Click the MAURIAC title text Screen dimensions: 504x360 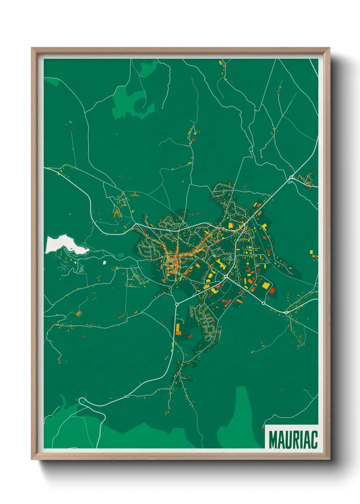[x=293, y=440]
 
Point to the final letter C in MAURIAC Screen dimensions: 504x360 [x=314, y=440]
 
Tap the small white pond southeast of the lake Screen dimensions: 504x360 [x=104, y=262]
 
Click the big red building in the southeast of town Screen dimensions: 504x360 [x=272, y=290]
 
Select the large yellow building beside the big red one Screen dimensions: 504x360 [x=265, y=285]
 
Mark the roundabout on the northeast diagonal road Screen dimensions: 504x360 [x=291, y=177]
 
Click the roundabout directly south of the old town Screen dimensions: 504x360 [x=177, y=304]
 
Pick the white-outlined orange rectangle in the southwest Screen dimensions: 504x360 [x=79, y=313]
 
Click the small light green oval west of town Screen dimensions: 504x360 [x=121, y=255]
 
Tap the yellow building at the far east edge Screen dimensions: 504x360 [x=312, y=252]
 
